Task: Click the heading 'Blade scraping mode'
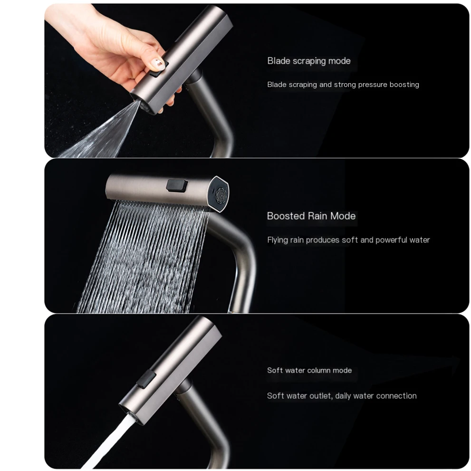coord(309,61)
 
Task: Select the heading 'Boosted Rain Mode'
coord(311,216)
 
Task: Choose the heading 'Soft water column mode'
coord(309,370)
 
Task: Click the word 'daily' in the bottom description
coord(343,396)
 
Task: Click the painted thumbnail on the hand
coord(158,63)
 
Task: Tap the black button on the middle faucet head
coord(177,185)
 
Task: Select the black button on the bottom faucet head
coord(146,378)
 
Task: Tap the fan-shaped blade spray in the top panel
coord(99,132)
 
